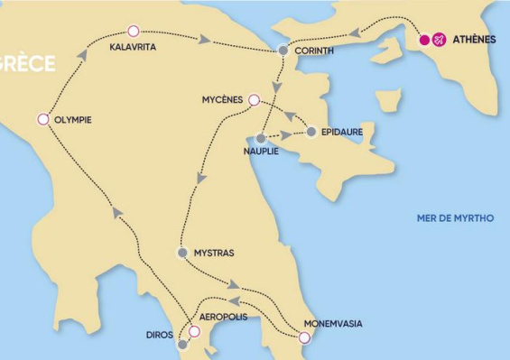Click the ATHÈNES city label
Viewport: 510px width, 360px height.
tap(474, 40)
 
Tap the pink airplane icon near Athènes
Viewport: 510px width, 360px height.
tap(439, 40)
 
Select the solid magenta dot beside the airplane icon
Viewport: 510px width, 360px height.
tap(424, 40)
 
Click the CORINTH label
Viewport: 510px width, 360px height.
tap(315, 51)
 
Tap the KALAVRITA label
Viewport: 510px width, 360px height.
tap(132, 46)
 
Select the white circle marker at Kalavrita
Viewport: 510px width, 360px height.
tap(134, 32)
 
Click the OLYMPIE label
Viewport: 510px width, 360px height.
tap(73, 120)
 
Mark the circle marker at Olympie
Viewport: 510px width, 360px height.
tap(42, 119)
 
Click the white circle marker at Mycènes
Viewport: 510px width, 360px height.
tap(254, 100)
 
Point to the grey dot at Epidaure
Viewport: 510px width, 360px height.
tap(311, 132)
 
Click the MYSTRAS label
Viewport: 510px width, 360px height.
tap(215, 253)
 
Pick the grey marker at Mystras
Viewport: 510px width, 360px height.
tap(182, 253)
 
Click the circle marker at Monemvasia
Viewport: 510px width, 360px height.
tap(304, 337)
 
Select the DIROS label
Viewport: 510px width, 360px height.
tap(160, 335)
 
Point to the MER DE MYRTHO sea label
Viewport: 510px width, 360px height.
tap(455, 218)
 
